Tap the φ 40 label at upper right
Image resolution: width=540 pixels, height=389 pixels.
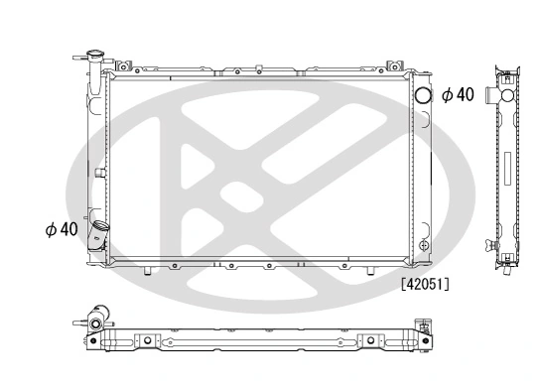coord(458,95)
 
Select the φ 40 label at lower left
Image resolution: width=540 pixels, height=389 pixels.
coord(61,229)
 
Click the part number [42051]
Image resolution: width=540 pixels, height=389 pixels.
coord(425,284)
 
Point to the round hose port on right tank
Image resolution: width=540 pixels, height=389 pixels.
coord(422,95)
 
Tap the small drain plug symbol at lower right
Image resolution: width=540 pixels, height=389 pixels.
coord(425,244)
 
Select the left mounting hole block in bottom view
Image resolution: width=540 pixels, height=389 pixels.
coord(144,343)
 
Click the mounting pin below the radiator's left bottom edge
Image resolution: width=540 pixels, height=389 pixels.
coord(146,270)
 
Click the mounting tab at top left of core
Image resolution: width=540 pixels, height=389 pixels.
coord(125,67)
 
